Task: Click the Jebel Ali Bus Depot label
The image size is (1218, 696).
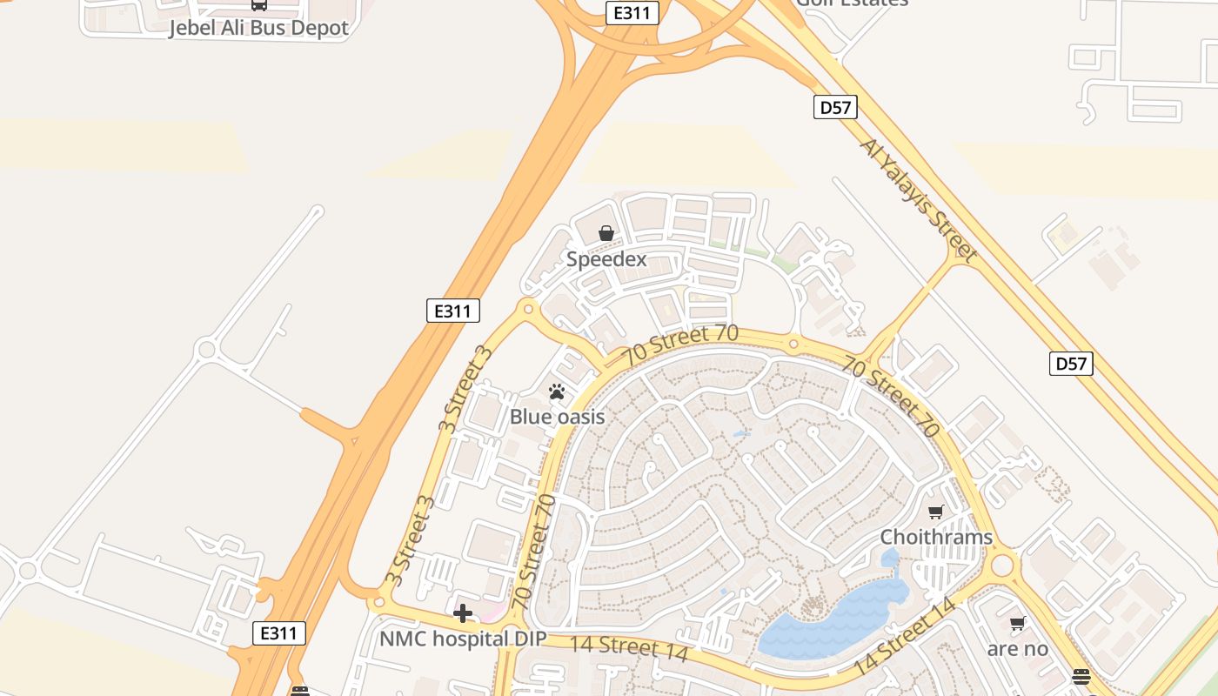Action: [x=258, y=28]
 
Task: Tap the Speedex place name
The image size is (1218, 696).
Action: [x=606, y=259]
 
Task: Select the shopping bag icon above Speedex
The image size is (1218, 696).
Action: [x=606, y=233]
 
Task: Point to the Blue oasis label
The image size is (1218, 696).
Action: [x=557, y=417]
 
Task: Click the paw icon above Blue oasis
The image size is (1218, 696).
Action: [x=557, y=391]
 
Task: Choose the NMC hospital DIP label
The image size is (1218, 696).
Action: [x=463, y=639]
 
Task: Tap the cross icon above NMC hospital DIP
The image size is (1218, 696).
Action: [x=463, y=614]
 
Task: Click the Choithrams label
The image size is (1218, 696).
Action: [x=936, y=537]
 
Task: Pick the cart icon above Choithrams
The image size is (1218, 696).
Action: [x=936, y=512]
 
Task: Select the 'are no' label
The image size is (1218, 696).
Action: [x=1017, y=649]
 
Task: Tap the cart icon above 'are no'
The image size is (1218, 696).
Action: [x=1017, y=623]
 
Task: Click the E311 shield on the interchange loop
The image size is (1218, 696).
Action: [x=632, y=12]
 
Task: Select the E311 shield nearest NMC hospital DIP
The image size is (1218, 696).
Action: [x=279, y=633]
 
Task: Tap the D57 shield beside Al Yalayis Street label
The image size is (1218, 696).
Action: [x=835, y=107]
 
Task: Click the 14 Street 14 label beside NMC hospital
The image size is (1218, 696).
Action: [x=628, y=648]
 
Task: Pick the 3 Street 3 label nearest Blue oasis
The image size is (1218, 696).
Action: [x=465, y=389]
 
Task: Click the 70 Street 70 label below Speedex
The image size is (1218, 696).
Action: [x=680, y=346]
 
